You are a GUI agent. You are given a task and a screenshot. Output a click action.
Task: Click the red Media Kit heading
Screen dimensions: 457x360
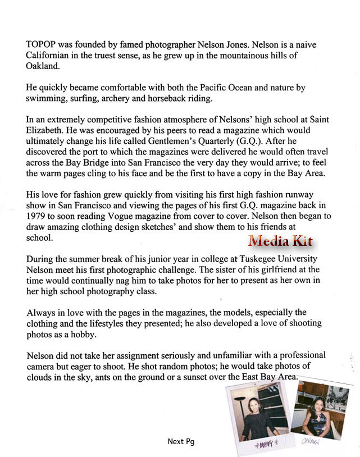281,241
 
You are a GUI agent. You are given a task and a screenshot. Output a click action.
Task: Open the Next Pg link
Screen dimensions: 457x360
181,441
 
